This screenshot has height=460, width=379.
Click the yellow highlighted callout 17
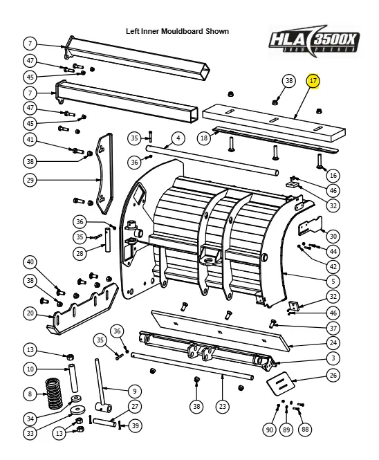click(313, 81)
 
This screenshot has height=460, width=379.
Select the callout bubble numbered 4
click(178, 138)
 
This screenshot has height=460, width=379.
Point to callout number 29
click(30, 181)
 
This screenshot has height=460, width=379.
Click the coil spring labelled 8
click(54, 394)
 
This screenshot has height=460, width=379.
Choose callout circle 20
click(30, 313)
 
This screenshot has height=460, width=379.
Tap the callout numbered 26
click(333, 376)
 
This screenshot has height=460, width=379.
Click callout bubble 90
click(270, 430)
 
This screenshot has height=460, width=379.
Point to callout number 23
click(221, 406)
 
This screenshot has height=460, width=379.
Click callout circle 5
click(333, 281)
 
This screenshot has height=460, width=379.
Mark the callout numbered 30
click(333, 236)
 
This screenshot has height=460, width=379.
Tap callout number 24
click(333, 342)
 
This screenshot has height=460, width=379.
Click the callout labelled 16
click(333, 175)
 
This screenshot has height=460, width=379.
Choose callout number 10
click(30, 369)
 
